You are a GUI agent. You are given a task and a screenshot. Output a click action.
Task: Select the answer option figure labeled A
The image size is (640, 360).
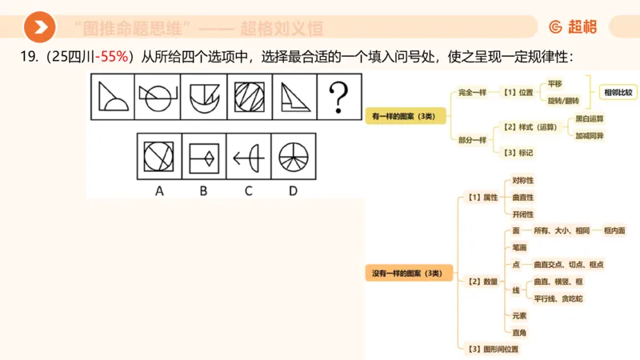pyautogui.click(x=159, y=158)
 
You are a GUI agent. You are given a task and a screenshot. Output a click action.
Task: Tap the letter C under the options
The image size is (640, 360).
pyautogui.click(x=249, y=190)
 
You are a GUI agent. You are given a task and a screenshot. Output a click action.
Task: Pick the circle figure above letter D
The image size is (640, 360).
pyautogui.click(x=294, y=158)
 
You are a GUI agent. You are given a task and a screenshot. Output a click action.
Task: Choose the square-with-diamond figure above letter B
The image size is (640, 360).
pyautogui.click(x=204, y=158)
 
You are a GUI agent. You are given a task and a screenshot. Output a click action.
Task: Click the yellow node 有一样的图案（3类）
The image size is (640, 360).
pyautogui.click(x=403, y=117)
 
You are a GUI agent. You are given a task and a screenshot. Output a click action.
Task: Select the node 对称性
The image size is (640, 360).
pyautogui.click(x=523, y=181)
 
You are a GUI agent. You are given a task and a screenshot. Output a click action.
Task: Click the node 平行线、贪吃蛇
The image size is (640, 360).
pyautogui.click(x=558, y=298)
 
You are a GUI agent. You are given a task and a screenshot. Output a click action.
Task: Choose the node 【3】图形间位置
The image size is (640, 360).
pyautogui.click(x=492, y=349)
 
